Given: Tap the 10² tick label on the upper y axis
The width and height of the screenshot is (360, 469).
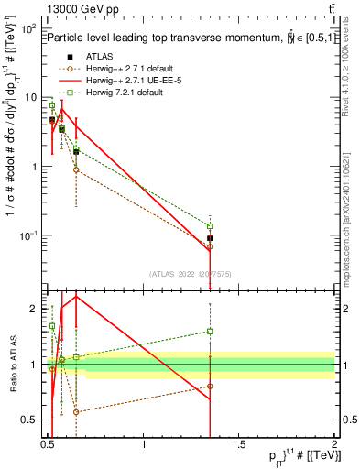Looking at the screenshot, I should coord(28,29).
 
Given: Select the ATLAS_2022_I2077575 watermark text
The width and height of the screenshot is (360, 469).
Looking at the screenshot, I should coord(191,273).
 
